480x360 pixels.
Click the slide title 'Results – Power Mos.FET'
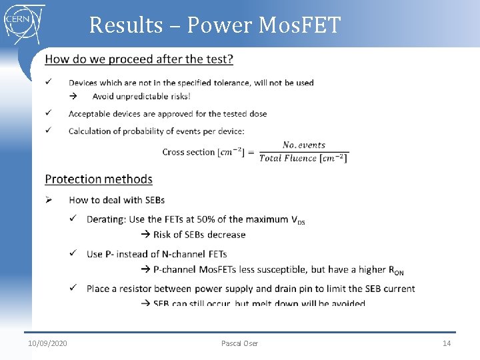tap(215, 25)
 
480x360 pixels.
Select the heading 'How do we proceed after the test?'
tap(139, 59)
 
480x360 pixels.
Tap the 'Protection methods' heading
tap(99, 179)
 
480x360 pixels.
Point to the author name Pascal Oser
tap(239, 343)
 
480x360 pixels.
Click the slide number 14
tap(447, 343)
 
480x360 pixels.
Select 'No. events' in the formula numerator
tap(303, 145)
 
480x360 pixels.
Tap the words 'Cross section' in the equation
tap(188, 152)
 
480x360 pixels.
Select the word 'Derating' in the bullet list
tap(107, 219)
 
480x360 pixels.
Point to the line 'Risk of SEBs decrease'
tap(199, 235)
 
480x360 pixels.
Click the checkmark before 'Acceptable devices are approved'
tap(49, 113)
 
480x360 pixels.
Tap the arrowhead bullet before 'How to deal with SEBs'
tap(49, 199)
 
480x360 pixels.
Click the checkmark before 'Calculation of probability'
tap(49, 131)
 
